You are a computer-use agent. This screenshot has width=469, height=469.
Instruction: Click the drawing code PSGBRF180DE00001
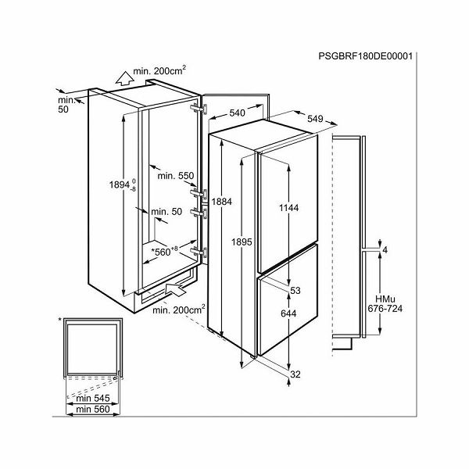point(365,56)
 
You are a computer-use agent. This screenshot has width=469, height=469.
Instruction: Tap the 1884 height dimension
point(222,202)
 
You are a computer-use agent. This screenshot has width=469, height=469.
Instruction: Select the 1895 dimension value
point(242,242)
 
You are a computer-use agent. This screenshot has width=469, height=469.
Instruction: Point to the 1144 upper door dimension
point(289,208)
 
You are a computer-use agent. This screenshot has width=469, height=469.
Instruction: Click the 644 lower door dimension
point(288,313)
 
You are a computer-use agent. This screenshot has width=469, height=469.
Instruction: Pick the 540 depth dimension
point(237,113)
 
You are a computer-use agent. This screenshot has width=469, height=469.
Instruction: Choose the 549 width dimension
point(315,119)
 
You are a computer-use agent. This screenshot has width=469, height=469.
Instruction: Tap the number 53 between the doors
point(295,291)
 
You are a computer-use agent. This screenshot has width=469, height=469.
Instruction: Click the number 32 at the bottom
point(295,374)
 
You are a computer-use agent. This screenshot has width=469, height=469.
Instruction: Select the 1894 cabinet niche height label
point(123,184)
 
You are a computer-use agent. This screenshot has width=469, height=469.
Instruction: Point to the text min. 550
point(176,176)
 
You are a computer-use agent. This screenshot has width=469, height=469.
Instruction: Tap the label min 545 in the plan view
point(93,398)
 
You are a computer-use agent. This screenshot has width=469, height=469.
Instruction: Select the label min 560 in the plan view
point(93,409)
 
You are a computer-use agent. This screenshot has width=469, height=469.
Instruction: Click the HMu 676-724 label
point(385,303)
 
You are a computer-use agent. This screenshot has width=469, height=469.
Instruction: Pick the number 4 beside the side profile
point(385,250)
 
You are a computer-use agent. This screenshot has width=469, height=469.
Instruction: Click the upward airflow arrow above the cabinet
point(124,78)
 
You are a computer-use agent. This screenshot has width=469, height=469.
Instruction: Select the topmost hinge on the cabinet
point(199,108)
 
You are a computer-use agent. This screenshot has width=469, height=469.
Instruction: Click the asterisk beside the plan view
point(60,320)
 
